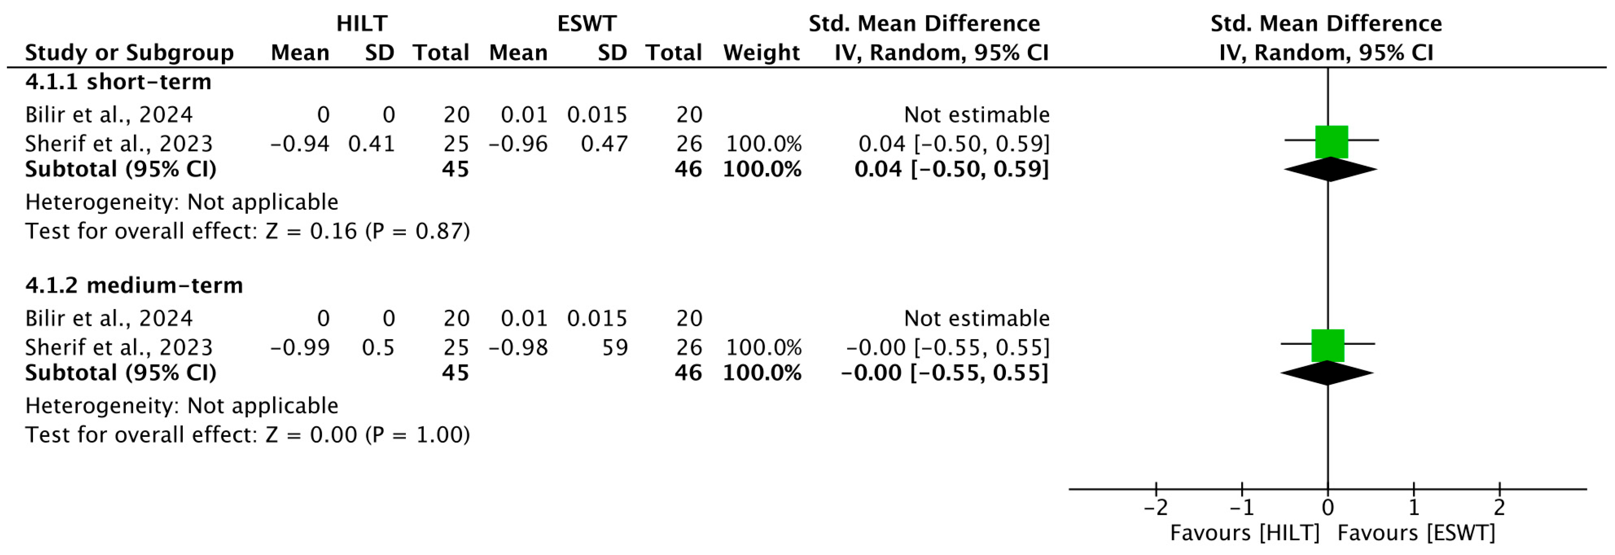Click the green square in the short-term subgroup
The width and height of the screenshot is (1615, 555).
1331,141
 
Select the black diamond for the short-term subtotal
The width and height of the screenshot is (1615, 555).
1330,169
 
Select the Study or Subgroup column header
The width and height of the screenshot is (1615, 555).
129,53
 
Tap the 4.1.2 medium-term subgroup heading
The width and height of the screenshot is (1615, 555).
134,286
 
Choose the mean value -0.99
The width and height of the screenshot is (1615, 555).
300,348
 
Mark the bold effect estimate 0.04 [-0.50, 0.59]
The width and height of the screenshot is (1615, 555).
951,169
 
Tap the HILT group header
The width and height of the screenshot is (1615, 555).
362,24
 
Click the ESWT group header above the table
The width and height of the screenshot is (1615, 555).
587,24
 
